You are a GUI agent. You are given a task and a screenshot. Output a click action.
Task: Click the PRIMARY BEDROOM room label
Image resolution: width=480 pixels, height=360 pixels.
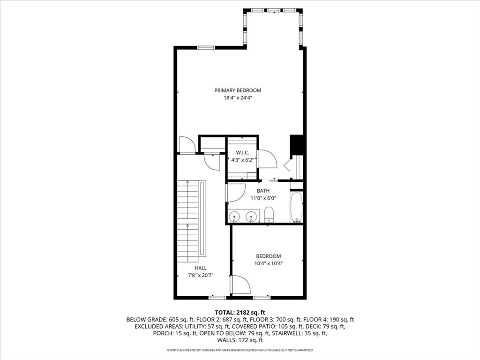[x=238, y=90]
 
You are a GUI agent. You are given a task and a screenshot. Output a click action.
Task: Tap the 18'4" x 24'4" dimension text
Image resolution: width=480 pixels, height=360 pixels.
[x=238, y=98]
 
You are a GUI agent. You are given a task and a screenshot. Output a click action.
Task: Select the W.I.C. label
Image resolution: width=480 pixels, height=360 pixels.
[x=242, y=152]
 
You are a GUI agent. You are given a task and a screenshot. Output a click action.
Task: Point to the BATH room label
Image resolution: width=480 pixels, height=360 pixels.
[x=263, y=191]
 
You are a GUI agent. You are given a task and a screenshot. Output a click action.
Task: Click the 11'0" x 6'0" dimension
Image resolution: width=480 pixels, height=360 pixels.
[x=263, y=198]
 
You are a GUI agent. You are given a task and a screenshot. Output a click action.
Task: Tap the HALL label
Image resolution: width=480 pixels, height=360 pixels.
[x=201, y=268]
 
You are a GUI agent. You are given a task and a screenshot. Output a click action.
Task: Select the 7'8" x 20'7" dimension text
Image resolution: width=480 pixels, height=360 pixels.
[x=201, y=275]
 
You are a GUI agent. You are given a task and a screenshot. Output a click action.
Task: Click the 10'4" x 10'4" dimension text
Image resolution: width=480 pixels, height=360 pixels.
[x=269, y=263]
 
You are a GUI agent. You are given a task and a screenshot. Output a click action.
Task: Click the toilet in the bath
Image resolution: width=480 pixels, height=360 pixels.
[x=269, y=214]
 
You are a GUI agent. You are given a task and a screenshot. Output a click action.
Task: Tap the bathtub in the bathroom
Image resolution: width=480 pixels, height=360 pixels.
[x=296, y=207]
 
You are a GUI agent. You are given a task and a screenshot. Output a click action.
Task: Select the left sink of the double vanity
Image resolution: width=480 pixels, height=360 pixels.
[x=234, y=216]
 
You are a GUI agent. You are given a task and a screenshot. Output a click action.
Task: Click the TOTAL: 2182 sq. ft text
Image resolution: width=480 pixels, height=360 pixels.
[x=240, y=313]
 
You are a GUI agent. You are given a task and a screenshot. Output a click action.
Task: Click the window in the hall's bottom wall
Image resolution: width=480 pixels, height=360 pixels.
[x=217, y=297]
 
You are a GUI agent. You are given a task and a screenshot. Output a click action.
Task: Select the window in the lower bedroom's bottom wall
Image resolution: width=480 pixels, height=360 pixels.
[x=262, y=297]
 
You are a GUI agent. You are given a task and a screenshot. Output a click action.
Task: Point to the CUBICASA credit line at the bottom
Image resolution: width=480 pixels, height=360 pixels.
[x=240, y=350]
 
